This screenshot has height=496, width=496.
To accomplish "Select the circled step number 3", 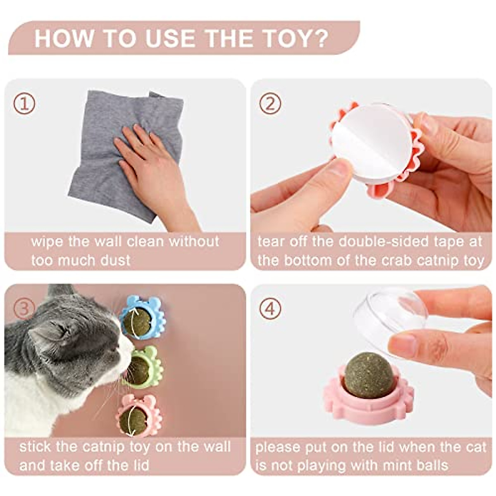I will [x=24, y=308].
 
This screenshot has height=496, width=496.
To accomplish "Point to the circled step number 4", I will [x=270, y=308].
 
